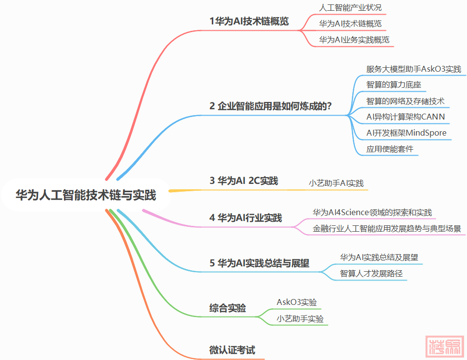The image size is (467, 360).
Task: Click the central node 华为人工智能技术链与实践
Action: point(85,196)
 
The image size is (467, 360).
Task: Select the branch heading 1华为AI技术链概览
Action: point(249,21)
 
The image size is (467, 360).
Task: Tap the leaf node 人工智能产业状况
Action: point(350,8)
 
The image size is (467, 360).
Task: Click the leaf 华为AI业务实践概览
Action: point(354,40)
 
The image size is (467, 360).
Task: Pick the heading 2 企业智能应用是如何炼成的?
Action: point(271,106)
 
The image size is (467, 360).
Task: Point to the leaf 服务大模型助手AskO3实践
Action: point(413,69)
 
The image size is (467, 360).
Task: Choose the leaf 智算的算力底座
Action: point(393,85)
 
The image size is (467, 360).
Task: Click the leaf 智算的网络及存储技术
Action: point(405,101)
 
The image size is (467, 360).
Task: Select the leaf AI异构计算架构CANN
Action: point(406,117)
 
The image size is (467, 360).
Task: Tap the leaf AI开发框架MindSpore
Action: point(406,133)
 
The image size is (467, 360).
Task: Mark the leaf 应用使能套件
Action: point(389,149)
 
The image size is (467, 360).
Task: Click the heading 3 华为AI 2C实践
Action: point(244,181)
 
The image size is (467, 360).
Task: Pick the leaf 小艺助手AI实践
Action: point(336,183)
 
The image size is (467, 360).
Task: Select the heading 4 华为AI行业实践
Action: point(245,218)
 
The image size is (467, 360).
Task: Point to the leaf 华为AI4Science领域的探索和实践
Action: point(372,212)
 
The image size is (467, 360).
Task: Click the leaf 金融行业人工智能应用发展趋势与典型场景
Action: point(386,228)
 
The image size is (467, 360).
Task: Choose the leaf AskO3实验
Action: point(296,302)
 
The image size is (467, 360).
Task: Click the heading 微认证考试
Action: point(232,350)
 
